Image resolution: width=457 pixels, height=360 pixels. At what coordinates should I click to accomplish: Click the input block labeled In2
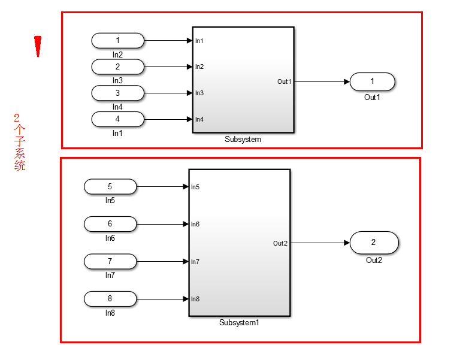tap(117, 40)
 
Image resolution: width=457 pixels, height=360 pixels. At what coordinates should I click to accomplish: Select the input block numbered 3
tap(117, 93)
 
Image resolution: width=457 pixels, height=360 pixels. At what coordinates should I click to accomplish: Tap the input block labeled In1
tap(117, 119)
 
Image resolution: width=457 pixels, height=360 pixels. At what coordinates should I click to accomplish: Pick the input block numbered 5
tap(110, 187)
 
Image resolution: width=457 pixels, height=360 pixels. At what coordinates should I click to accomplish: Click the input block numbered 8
tap(110, 298)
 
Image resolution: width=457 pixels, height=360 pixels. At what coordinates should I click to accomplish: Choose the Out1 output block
tap(372, 81)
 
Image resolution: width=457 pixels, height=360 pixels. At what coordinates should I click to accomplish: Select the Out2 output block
tap(374, 243)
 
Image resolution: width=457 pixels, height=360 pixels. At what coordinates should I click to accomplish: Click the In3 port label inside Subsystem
tap(199, 93)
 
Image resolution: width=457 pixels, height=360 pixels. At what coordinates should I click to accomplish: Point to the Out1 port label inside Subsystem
tap(284, 81)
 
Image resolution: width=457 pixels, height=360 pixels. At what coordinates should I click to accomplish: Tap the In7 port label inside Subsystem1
tap(195, 262)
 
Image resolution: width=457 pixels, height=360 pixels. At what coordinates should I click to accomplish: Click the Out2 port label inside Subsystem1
tap(280, 243)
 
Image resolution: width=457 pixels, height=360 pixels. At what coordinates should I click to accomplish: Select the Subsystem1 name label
tap(239, 323)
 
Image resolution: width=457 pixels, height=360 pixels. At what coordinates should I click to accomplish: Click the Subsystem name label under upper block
tap(243, 139)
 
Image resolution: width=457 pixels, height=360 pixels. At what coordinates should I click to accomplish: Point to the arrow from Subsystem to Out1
tap(321, 81)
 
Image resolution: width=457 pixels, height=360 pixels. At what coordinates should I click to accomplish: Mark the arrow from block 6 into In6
tap(162, 224)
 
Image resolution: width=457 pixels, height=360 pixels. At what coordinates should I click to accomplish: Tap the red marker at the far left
tap(38, 46)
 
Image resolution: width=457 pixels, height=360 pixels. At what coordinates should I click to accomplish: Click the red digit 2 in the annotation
tap(17, 118)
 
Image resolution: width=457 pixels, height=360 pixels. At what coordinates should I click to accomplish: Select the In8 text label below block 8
tap(110, 313)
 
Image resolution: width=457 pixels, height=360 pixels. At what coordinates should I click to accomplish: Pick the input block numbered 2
tap(117, 66)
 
